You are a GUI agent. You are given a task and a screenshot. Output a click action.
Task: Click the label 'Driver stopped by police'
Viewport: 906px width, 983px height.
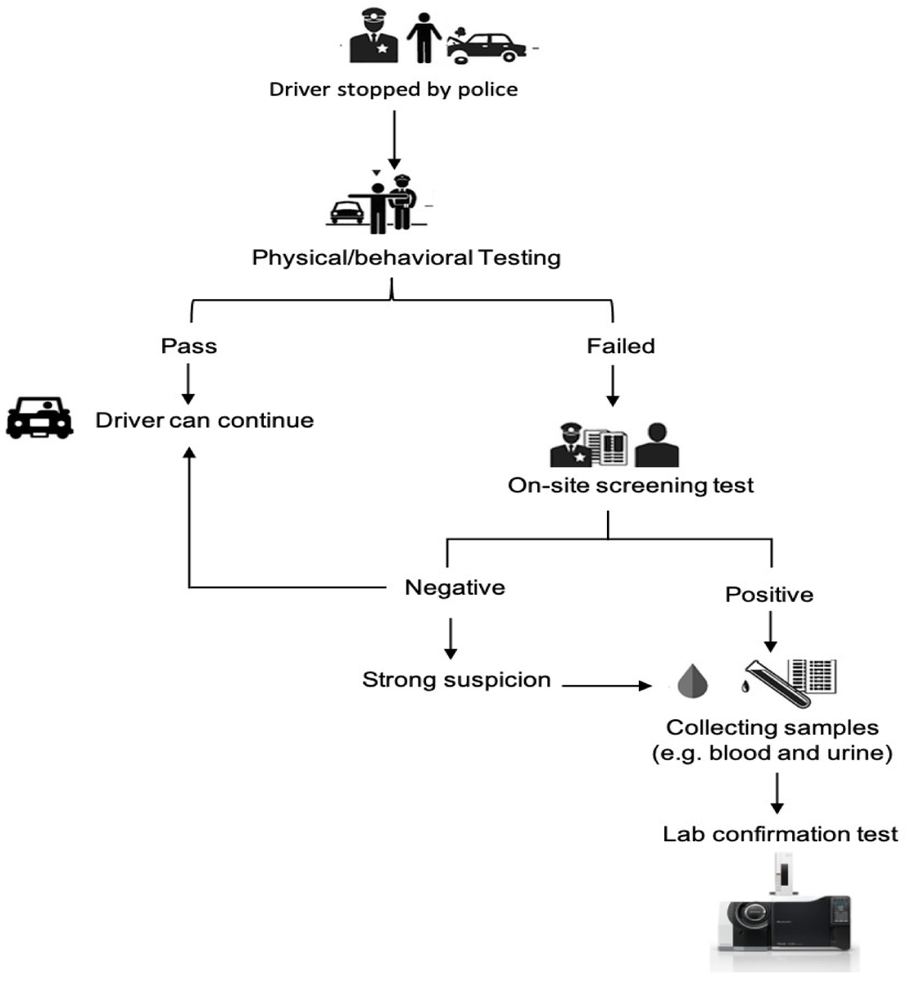pos(393,90)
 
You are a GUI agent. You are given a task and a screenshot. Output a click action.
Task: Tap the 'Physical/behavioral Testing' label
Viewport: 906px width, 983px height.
pos(406,258)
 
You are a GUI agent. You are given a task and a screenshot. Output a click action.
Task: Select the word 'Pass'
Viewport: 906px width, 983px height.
pos(188,347)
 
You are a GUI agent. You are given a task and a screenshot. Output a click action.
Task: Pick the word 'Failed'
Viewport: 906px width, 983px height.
pos(621,347)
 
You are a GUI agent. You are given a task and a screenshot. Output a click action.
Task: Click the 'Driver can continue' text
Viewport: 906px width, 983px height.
pos(205,420)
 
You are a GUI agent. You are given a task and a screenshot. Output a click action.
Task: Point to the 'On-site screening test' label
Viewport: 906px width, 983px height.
pos(631,486)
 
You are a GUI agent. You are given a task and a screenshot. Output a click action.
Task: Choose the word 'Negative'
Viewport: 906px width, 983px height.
pos(455,587)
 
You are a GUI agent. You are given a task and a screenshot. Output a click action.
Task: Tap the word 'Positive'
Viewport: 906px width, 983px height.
pos(769,595)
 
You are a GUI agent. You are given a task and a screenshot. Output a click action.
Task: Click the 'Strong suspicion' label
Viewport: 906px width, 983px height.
pos(456,680)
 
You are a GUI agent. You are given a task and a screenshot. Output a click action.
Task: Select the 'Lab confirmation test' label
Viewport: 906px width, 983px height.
pos(780,835)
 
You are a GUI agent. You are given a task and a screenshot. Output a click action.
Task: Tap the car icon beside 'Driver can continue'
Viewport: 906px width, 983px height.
pos(39,417)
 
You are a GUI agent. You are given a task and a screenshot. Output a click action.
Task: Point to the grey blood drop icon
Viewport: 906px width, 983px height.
pos(693,681)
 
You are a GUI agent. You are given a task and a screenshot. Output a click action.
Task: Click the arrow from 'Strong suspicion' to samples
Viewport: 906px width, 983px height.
pos(606,686)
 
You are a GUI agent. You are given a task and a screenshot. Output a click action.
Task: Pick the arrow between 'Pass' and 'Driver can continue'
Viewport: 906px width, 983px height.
pos(188,383)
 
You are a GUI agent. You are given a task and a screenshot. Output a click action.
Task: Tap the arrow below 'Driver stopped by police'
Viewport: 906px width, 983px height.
pos(394,140)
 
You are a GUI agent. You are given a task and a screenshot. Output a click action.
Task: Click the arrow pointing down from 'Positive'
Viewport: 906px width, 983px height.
pos(770,632)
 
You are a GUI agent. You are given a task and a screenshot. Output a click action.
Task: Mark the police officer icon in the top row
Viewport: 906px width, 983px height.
pos(374,35)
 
